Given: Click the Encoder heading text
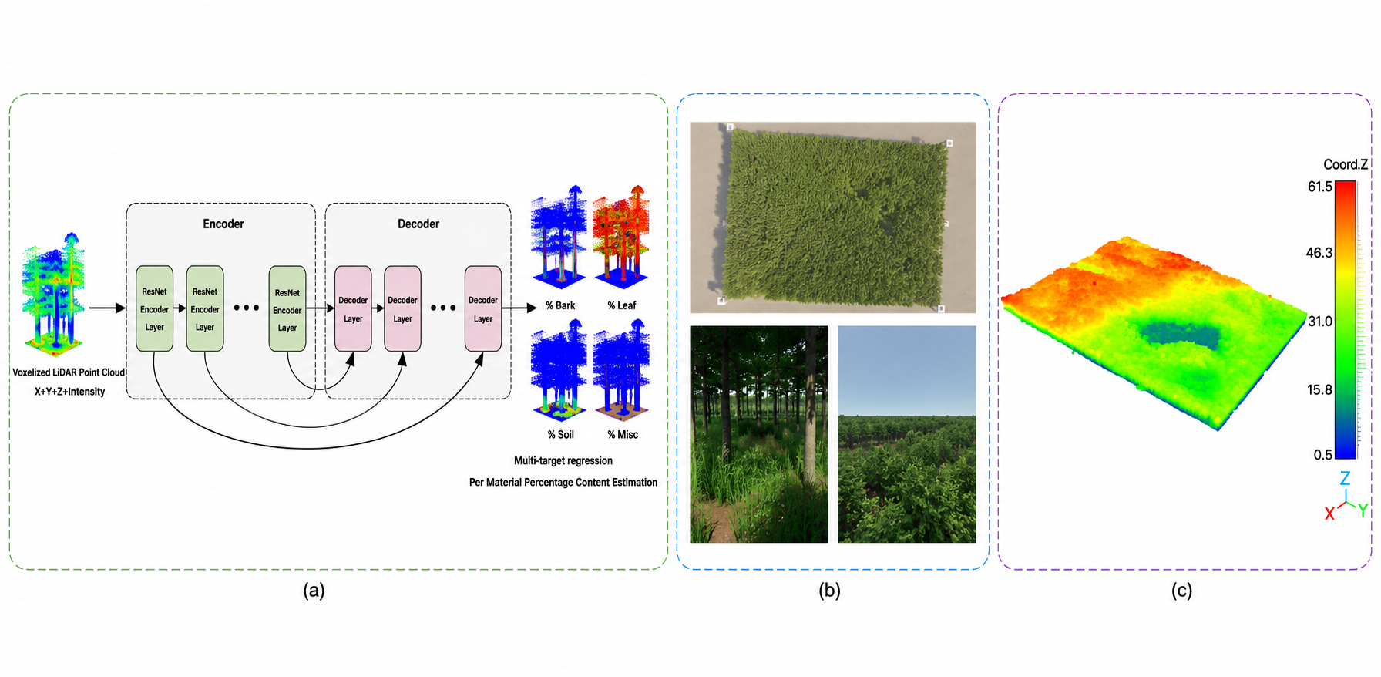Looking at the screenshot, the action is (223, 224).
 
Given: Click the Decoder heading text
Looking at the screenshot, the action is (418, 224).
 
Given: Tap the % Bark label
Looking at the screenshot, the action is (560, 305).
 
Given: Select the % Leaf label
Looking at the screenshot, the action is (622, 305).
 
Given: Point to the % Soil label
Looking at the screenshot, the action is (561, 435).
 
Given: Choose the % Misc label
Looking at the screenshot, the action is (623, 435).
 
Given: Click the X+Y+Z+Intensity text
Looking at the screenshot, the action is (69, 392).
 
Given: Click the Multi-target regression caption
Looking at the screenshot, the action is (563, 460).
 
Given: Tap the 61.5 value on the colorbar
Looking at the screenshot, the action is (1320, 187).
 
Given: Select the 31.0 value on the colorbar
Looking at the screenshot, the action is (1320, 321).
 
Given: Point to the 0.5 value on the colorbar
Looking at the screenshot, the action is (1323, 455).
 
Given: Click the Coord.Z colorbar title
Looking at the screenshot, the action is (1346, 164).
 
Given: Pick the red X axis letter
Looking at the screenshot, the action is (1329, 514).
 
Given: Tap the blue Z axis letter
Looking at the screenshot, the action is (1345, 478).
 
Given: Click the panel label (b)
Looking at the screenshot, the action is (829, 591).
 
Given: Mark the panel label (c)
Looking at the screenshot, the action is (1181, 591).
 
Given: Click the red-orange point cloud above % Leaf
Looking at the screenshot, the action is (621, 236).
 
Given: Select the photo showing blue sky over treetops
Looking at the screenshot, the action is (907, 434).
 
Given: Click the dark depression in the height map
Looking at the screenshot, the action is (1179, 336).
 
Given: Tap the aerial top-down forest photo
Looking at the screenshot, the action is (833, 217).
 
